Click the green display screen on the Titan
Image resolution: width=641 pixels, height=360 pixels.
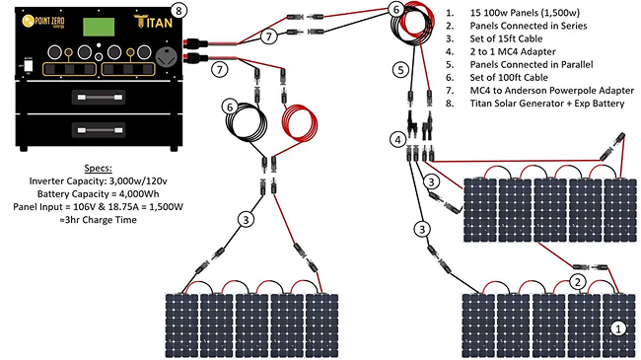coord(99,27)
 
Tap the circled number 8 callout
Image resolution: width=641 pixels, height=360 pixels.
coord(178,11)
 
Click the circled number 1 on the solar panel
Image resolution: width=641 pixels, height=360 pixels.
coord(617,328)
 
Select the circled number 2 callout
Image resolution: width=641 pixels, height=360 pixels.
coord(577,282)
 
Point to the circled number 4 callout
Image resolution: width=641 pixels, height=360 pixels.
coord(398,140)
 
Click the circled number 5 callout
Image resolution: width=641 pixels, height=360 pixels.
coord(400,70)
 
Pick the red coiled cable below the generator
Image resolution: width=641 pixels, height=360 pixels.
coord(300,121)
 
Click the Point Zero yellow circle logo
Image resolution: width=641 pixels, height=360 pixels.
coord(28,21)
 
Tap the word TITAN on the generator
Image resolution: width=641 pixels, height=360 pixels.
coord(153,22)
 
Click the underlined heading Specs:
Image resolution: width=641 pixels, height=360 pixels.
coord(98,168)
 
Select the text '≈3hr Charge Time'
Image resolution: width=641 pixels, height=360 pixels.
coord(98,220)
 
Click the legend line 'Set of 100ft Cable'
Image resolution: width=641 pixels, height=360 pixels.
coord(509,77)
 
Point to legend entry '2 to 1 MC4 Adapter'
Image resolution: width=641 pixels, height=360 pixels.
coord(513,51)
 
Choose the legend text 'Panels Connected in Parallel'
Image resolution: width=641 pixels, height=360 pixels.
coord(532,65)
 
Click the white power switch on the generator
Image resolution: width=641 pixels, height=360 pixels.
coord(29,65)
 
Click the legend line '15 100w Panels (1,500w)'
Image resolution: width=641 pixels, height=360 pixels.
coord(525,13)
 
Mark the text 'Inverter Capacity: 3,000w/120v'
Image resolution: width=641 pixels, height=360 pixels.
coord(98,180)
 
